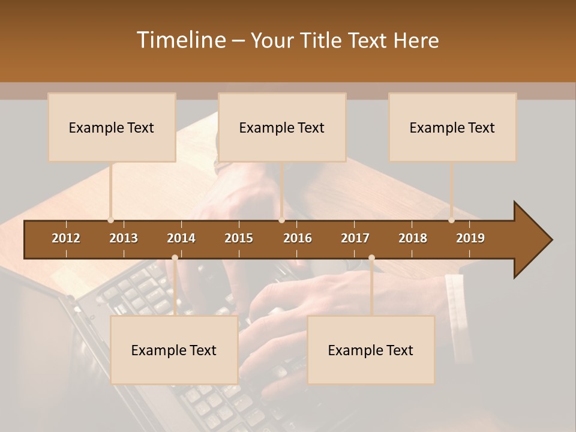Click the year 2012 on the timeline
point(66,238)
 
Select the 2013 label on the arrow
point(124,238)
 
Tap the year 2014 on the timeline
point(181,238)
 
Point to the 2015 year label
point(239,238)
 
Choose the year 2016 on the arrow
point(298,238)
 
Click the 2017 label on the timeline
point(355,238)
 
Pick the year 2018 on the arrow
point(413,238)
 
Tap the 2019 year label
point(470,238)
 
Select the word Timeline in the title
point(180,40)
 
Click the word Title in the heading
point(323,40)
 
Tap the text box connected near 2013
point(112,127)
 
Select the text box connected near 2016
point(282,127)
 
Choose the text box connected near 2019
point(452,127)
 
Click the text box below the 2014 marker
point(174,350)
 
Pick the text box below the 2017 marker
point(371,350)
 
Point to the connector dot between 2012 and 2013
point(110,220)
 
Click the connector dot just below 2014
point(175,258)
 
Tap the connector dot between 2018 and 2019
point(451,220)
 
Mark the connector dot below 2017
point(371,258)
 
